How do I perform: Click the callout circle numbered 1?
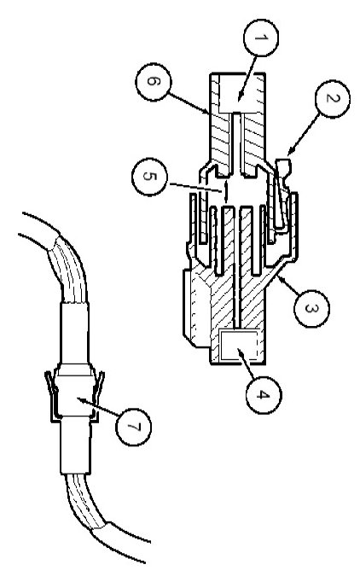(261, 38)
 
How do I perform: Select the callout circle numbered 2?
(333, 99)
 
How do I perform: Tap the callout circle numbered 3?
(311, 308)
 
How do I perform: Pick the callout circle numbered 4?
(264, 395)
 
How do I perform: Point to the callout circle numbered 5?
(149, 177)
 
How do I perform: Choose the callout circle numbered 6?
(153, 82)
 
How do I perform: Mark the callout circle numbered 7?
(134, 427)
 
